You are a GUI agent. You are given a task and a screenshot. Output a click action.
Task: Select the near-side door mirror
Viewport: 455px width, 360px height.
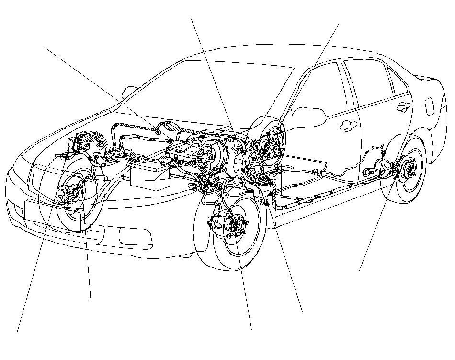tap(308, 115)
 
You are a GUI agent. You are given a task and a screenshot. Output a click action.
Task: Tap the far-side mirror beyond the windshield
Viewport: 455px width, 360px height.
tap(129, 92)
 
